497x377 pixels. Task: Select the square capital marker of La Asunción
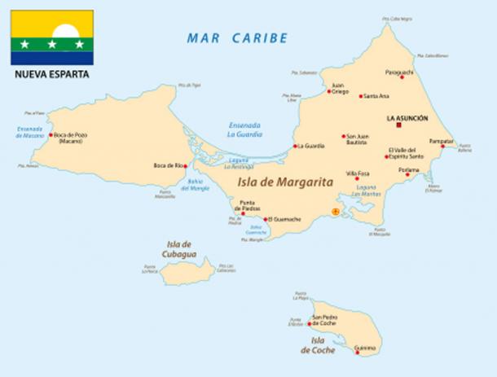tap(399, 125)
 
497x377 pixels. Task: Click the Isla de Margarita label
tap(286, 183)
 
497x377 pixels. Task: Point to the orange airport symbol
tap(333, 212)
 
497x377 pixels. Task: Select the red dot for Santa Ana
tap(361, 96)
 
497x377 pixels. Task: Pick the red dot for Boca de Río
tap(186, 165)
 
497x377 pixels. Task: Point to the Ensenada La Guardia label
tap(246, 130)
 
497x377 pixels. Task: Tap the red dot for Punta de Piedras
tap(242, 214)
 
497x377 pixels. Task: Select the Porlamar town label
tap(408, 170)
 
